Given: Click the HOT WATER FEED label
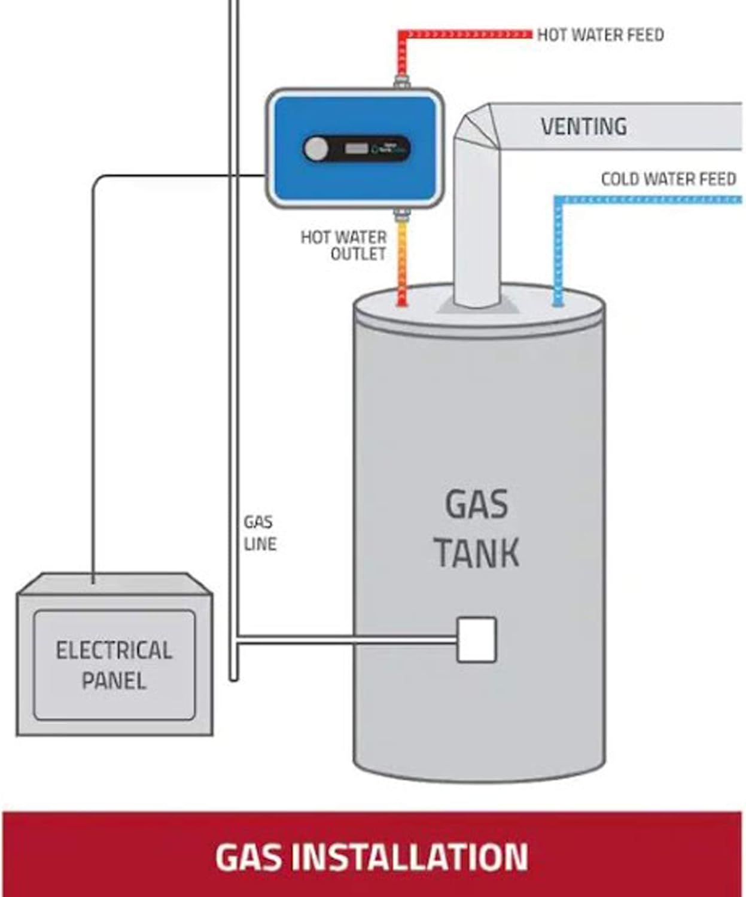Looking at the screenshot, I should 600,35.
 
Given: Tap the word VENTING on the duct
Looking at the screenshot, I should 584,126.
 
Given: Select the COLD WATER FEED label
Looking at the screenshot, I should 668,179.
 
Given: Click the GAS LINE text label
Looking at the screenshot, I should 260,533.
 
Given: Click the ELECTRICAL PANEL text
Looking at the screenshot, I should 114,665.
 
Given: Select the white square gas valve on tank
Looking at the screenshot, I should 476,640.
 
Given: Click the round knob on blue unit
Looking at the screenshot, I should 315,149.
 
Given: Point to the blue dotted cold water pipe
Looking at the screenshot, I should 646,199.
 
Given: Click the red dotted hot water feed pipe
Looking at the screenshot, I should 467,34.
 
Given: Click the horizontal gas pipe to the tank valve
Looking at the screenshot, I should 347,640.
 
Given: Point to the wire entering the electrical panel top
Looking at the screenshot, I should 93,574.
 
